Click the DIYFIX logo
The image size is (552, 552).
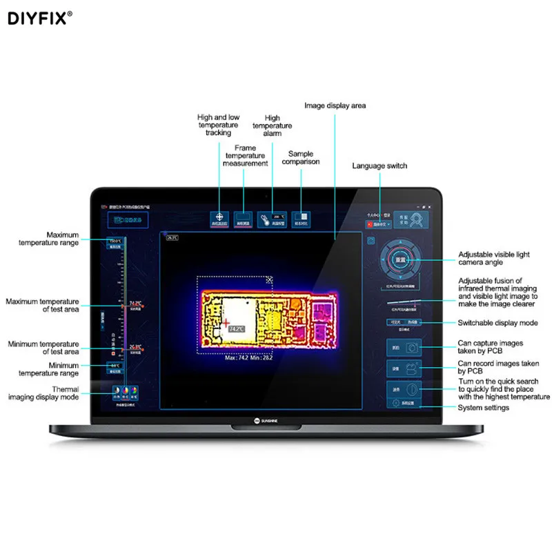click(39, 17)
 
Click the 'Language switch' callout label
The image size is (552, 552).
click(379, 166)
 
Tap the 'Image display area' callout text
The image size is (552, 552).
click(335, 106)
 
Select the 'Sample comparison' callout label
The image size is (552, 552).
click(301, 158)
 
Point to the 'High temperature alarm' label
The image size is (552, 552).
click(272, 126)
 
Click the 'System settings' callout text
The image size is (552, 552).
click(484, 408)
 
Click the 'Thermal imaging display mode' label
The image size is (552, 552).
click(44, 394)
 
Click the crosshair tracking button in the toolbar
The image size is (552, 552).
click(219, 219)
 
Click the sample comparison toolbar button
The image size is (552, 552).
click(301, 219)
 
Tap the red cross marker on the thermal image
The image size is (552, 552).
click(225, 322)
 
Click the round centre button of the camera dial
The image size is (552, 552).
click(400, 260)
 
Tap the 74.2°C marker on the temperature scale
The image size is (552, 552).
click(134, 304)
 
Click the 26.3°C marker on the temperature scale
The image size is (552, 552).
click(134, 348)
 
